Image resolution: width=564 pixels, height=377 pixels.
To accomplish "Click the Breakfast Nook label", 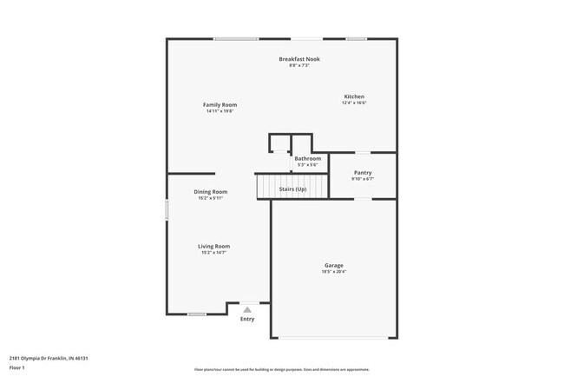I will (x=299, y=59).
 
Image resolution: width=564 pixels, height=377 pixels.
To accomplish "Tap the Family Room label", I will (x=221, y=104).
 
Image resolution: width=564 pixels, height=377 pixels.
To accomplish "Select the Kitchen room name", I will (x=354, y=96).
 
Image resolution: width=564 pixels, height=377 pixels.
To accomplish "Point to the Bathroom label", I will (x=307, y=159).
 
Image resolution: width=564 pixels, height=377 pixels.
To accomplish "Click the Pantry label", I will (x=363, y=173).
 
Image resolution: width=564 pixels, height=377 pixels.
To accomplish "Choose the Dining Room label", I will (x=211, y=191).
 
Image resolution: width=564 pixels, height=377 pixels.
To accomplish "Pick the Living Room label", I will (x=215, y=246).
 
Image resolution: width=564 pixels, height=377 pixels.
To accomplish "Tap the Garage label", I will (x=334, y=265).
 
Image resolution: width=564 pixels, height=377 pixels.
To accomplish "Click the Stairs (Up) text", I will (x=292, y=188).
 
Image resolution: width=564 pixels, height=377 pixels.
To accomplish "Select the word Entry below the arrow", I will (x=247, y=319).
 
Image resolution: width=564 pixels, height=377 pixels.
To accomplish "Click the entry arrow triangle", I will (x=247, y=308).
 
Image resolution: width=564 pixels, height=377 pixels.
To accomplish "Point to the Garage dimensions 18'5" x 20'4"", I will (x=334, y=272).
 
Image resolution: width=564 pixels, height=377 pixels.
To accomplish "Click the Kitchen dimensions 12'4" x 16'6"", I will (x=354, y=103).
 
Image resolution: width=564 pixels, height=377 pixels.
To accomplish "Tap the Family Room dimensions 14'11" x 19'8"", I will (x=221, y=111).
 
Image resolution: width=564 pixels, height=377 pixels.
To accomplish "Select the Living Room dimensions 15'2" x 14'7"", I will (x=215, y=253).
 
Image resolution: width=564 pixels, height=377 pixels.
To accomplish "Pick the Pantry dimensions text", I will (x=363, y=180).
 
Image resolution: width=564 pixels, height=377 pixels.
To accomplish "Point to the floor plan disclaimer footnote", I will (x=281, y=369).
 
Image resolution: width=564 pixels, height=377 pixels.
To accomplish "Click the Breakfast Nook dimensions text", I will (x=299, y=66).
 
